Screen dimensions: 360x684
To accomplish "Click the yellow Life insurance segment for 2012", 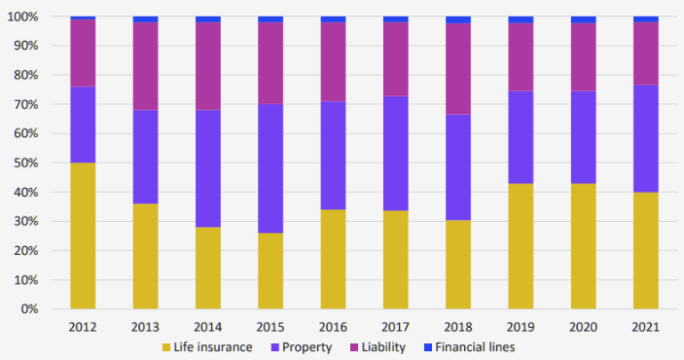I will (83, 235).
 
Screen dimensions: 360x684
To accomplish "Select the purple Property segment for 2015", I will (271, 168).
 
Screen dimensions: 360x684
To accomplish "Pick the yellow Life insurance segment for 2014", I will (208, 267).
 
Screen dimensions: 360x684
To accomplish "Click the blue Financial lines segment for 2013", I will (145, 19).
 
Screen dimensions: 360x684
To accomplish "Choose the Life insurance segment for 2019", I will (521, 246).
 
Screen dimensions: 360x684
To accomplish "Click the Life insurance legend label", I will (215, 347).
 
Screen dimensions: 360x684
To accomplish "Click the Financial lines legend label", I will (477, 347).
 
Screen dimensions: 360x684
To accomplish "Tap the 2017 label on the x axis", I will (395, 327).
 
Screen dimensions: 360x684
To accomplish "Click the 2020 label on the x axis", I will (583, 327).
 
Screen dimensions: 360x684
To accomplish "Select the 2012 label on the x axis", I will (83, 327).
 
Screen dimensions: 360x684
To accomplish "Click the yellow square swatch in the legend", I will (167, 347).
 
